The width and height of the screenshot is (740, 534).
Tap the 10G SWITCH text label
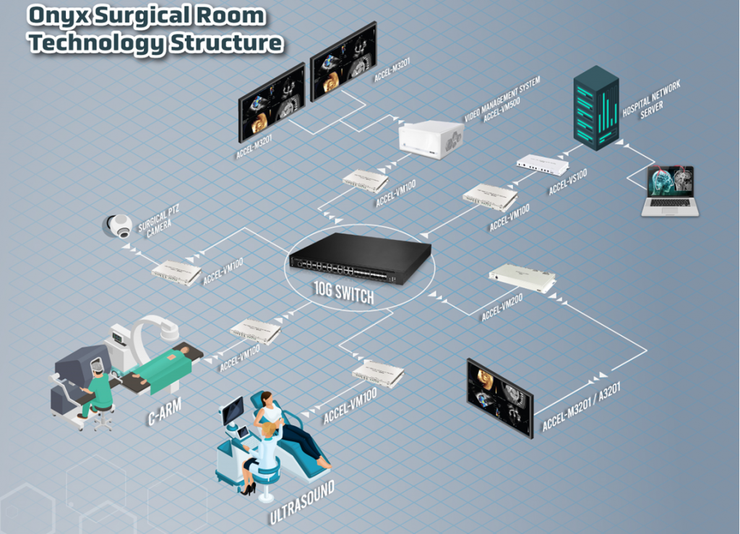[345, 294]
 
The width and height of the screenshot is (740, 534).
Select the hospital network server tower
[597, 108]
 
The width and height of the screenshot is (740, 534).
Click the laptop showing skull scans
[670, 191]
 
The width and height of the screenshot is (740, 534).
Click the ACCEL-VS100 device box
[542, 165]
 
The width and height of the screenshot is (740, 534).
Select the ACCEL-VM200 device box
[522, 277]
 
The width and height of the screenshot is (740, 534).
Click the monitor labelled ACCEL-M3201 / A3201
[499, 397]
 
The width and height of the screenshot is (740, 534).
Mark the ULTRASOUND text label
[302, 501]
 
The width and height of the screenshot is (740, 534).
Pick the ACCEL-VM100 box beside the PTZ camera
[176, 272]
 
